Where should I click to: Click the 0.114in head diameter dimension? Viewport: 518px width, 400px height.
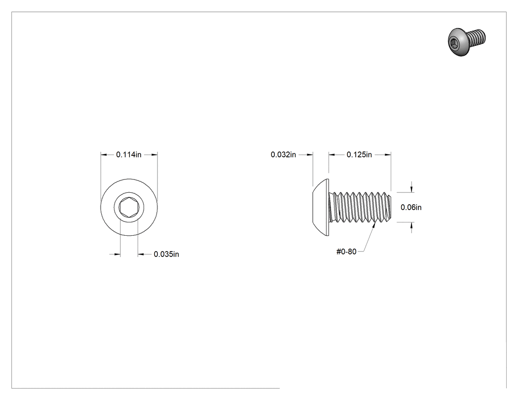coord(129,154)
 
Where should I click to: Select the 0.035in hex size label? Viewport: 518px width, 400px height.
coord(167,255)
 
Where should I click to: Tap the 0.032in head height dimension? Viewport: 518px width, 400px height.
coord(284,154)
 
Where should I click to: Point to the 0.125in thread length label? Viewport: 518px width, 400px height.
coord(360,154)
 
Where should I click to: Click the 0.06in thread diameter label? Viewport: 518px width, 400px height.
coord(411,208)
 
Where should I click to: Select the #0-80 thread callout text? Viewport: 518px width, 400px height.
coord(346,252)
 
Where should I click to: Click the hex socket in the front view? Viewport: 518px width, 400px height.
coord(129,208)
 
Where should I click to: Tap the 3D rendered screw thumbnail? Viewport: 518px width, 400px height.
coord(467,41)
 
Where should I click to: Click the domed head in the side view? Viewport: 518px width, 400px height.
coord(321,208)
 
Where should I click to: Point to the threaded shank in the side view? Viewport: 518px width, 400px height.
coord(361,208)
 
